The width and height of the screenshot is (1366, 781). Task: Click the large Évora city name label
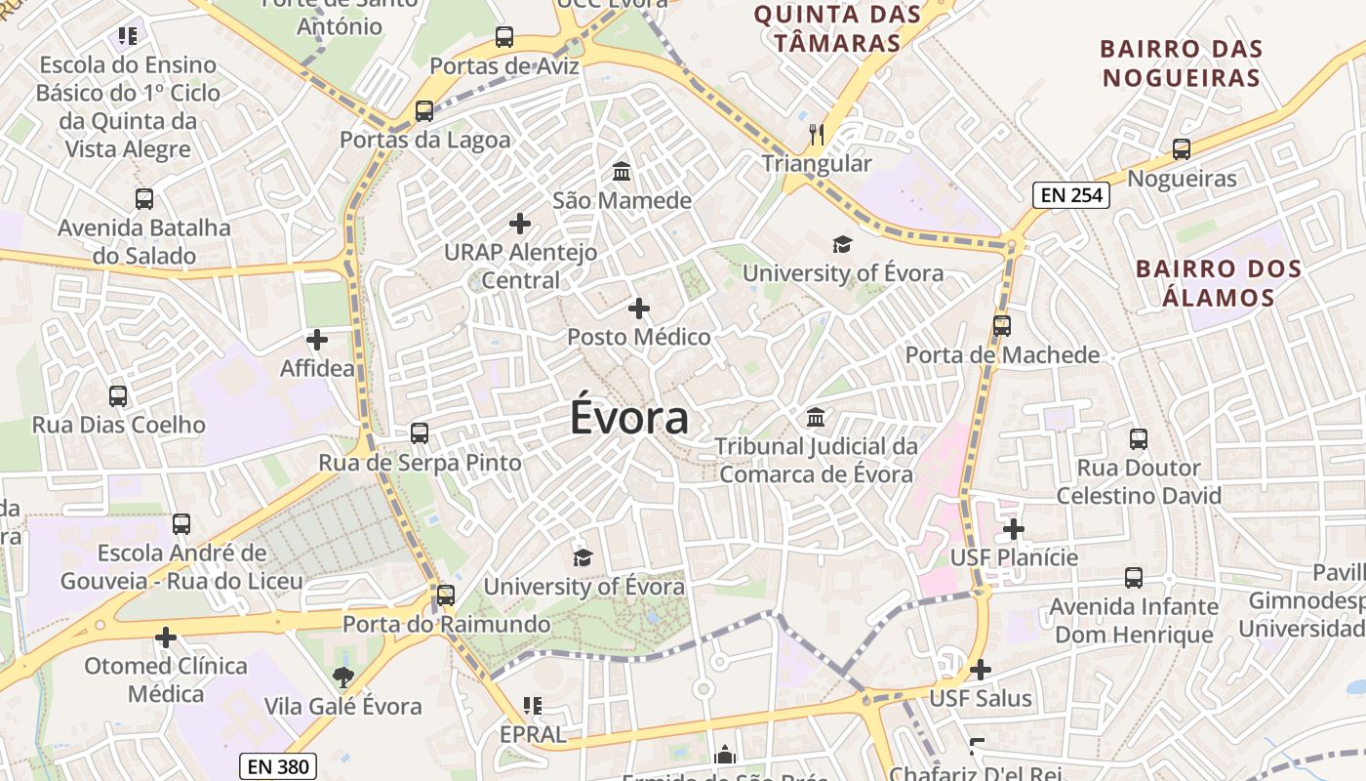tap(629, 418)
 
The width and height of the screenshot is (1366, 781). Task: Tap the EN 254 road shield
tap(1071, 195)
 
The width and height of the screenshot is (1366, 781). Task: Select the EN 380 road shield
tap(278, 766)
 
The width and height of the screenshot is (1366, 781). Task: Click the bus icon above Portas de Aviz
tap(504, 37)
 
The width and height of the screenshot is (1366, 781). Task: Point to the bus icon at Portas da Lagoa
tap(423, 110)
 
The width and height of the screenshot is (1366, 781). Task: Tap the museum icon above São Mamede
tap(621, 172)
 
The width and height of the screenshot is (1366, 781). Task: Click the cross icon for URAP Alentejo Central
tap(520, 224)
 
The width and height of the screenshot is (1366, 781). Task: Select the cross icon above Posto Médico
tap(639, 308)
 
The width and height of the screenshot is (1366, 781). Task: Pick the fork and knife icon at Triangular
tap(817, 134)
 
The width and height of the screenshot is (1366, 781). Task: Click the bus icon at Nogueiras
tap(1182, 149)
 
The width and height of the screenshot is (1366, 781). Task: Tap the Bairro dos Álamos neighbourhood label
tap(1219, 283)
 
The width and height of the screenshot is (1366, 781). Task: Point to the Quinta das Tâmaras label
tap(838, 28)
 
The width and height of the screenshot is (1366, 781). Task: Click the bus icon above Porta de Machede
tap(1002, 325)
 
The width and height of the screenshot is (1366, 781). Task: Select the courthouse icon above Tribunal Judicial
tap(816, 418)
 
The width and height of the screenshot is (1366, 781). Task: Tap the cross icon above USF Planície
tap(1014, 529)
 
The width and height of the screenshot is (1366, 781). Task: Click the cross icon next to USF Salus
tap(981, 670)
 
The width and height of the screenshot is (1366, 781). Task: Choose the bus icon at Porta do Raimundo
tap(446, 595)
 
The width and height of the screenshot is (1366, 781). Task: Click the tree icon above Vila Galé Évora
tap(342, 677)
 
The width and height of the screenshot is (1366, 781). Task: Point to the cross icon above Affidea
tap(317, 340)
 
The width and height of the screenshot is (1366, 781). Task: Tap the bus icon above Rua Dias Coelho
tap(118, 395)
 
